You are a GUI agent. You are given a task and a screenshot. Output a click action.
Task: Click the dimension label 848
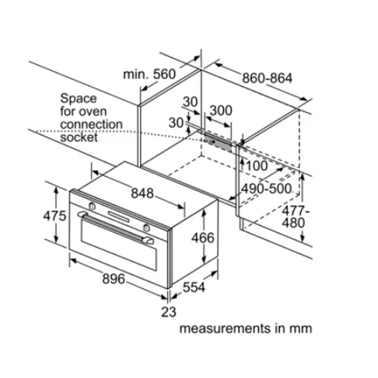[142, 194]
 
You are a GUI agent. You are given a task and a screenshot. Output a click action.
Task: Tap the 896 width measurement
[113, 278]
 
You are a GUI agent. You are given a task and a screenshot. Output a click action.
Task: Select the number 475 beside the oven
[54, 215]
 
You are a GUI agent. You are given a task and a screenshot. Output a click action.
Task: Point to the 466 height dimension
[203, 238]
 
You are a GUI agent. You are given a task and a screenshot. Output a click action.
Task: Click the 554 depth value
[195, 287]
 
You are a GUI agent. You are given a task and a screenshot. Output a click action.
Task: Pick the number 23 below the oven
[168, 312]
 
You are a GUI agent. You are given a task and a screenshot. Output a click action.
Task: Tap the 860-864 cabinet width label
[267, 79]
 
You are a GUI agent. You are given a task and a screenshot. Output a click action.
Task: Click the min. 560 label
[149, 74]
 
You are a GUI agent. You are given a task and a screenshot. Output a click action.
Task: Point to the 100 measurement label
[257, 166]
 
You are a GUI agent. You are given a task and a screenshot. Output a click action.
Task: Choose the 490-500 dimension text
[267, 188]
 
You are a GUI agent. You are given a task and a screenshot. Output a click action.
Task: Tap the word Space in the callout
[78, 98]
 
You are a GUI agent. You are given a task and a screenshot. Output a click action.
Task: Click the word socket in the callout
[79, 137]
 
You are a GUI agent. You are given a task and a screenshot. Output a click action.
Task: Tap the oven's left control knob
[93, 206]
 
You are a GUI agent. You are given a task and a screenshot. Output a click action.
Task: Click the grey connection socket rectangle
[218, 141]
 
